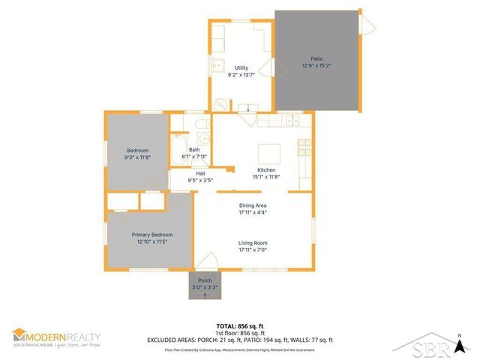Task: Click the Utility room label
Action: coord(241,67)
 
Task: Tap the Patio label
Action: coord(316,58)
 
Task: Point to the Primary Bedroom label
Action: coord(152,235)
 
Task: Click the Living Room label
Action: coord(253,243)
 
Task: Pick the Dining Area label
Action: coord(253,205)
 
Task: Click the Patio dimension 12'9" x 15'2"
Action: coord(316,65)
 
